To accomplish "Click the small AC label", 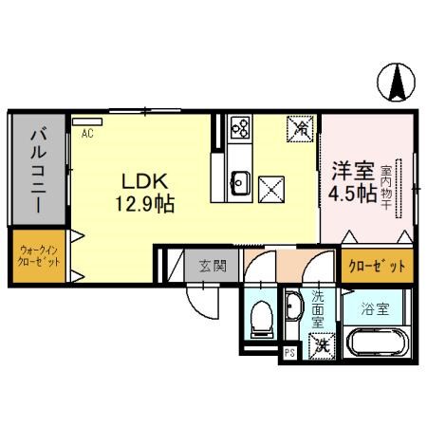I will [x=86, y=134].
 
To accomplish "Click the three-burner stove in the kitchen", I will [x=238, y=127].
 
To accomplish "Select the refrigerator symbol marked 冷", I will [x=299, y=127].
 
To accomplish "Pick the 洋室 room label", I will [x=350, y=172].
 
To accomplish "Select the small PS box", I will [x=289, y=353].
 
